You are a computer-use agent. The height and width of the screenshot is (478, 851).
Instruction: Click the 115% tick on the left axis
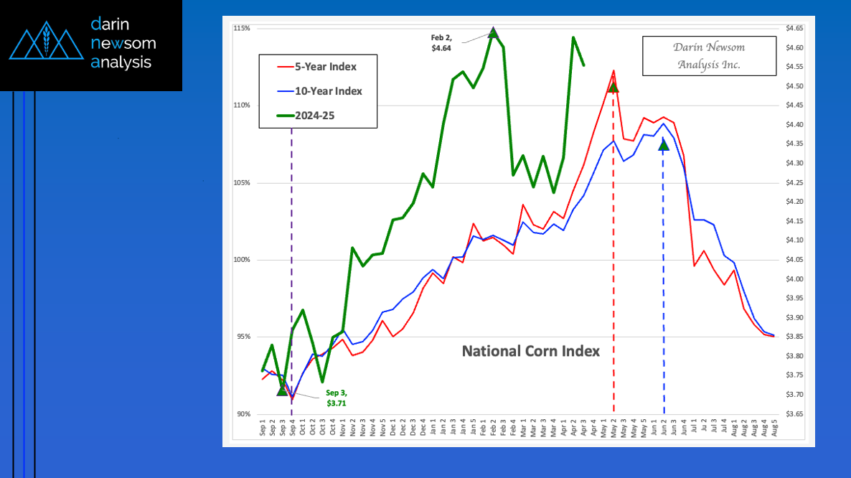point(241,28)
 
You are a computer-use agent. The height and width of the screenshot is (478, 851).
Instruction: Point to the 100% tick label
point(241,260)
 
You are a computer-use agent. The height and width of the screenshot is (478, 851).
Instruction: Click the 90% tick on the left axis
point(243,414)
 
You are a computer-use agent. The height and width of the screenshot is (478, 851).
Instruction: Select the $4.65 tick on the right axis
point(794,28)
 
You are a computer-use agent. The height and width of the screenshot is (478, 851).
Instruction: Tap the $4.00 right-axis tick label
point(794,279)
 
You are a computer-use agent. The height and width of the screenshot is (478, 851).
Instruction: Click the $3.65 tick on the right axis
point(794,414)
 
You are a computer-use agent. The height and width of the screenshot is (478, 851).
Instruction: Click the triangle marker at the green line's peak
point(493,32)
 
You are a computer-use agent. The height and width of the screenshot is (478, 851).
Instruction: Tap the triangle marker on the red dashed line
point(613,87)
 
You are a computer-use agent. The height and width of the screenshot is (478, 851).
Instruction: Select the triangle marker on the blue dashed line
point(664,145)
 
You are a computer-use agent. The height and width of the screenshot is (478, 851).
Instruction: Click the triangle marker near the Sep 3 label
point(282,390)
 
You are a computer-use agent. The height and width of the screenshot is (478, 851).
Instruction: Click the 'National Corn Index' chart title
point(530,351)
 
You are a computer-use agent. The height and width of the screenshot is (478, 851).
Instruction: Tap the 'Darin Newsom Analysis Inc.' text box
point(709,56)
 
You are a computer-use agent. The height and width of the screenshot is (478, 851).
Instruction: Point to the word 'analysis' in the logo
point(121,62)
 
